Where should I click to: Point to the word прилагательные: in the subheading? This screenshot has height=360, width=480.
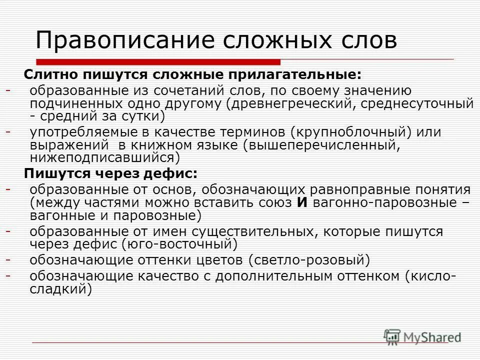pyautogui.click(x=295, y=74)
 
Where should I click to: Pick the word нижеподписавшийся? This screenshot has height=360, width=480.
pyautogui.click(x=102, y=158)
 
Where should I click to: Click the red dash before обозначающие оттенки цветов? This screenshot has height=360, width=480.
pyautogui.click(x=8, y=259)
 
